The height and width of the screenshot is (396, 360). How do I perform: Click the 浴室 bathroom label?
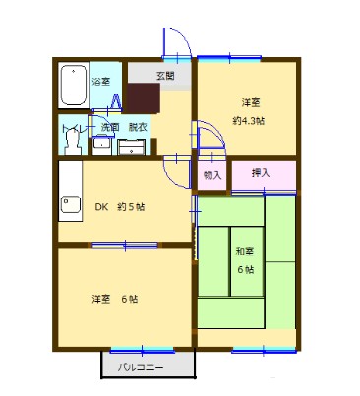(x=100, y=82)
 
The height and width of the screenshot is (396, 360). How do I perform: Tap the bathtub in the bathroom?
(x=73, y=89)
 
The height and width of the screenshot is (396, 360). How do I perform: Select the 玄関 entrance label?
(x=165, y=76)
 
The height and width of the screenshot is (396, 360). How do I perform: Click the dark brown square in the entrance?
(x=144, y=99)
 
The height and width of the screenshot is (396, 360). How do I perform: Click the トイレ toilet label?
(x=72, y=128)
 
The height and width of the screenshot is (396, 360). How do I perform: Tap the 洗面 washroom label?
(x=108, y=128)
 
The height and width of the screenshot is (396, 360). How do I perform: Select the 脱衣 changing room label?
(x=137, y=128)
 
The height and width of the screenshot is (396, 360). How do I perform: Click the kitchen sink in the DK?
(x=71, y=206)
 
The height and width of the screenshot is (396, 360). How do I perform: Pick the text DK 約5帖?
(x=119, y=207)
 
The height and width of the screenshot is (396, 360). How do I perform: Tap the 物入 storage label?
(x=211, y=175)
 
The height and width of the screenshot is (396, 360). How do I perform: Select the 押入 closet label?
(x=261, y=173)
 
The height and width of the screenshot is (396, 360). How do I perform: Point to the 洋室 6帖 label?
(x=115, y=299)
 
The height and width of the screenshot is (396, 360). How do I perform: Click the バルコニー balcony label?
(x=142, y=368)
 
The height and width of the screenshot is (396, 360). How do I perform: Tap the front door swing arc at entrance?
(x=175, y=44)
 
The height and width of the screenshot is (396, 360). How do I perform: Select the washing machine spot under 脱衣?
(x=132, y=147)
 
